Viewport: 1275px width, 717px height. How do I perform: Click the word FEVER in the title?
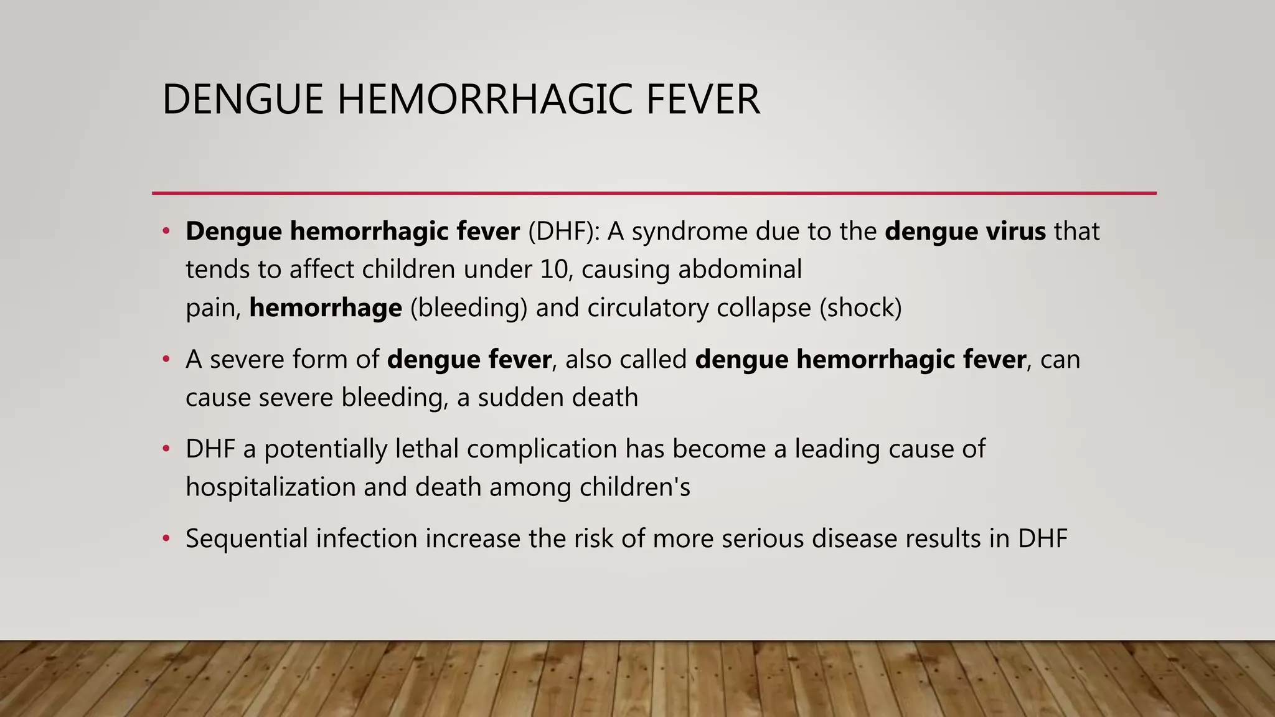(x=703, y=100)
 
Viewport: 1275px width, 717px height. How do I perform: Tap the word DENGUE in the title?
(x=243, y=100)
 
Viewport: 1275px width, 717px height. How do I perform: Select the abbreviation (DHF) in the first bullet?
(x=564, y=232)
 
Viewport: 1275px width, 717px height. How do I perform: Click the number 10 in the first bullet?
(x=555, y=269)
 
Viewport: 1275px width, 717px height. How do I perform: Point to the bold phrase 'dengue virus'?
(x=965, y=232)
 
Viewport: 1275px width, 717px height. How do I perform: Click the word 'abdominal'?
(x=740, y=269)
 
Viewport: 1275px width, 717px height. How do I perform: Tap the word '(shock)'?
(x=860, y=308)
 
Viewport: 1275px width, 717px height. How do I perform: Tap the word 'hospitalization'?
(x=270, y=487)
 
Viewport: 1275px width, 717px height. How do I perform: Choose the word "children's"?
(x=635, y=487)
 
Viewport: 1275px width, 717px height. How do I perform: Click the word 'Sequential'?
(x=247, y=538)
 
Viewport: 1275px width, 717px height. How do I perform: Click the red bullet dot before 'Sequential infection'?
(x=166, y=538)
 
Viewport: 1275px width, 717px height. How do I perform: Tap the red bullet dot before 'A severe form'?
(x=166, y=360)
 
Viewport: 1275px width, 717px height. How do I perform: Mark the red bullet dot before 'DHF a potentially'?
(x=166, y=449)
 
